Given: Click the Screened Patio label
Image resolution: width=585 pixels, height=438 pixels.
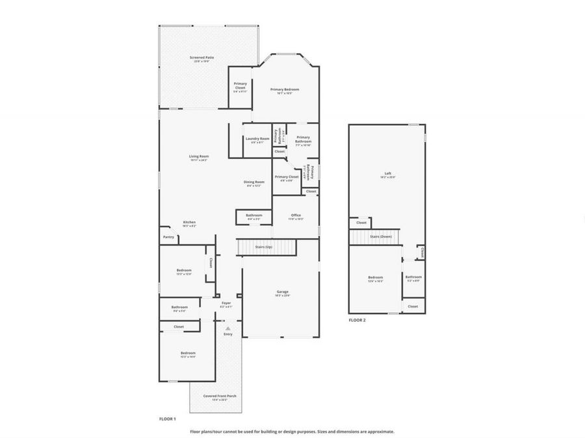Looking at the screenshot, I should (x=201, y=58).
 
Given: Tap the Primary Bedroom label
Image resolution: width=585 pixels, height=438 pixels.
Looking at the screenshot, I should (x=285, y=90).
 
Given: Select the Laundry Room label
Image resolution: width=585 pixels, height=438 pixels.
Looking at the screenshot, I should (x=257, y=138).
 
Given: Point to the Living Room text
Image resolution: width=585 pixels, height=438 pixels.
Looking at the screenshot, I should (x=199, y=156).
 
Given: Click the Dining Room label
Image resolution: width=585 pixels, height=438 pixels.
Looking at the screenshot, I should (x=253, y=182).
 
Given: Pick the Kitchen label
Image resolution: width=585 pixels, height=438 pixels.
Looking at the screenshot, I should (x=189, y=223).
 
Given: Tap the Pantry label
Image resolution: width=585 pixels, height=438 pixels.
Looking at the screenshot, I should (x=168, y=237).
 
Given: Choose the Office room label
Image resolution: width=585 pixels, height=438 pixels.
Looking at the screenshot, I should (x=296, y=215).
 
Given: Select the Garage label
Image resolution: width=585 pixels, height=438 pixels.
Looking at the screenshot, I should (x=283, y=292).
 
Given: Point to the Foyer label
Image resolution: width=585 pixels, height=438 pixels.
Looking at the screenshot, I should (x=226, y=303).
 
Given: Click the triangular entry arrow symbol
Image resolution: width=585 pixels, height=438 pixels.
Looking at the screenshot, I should (x=227, y=328).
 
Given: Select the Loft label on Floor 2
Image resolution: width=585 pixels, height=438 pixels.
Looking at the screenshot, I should (x=387, y=173).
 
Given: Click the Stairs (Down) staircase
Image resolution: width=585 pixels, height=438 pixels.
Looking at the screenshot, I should (x=380, y=237).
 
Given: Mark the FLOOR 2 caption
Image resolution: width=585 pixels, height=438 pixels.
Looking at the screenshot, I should (x=357, y=320).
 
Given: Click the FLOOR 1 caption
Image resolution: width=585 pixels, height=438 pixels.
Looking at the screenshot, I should (x=168, y=419).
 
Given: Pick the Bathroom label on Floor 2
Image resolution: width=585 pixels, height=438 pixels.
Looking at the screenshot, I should (x=413, y=277).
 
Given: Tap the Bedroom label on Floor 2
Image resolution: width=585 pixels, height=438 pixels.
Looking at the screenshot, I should (x=375, y=277).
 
